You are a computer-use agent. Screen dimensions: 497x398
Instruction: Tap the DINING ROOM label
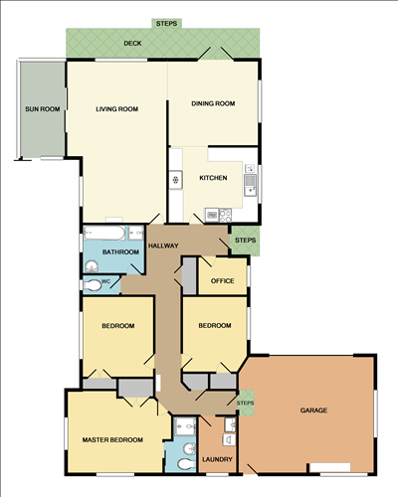coord(212,102)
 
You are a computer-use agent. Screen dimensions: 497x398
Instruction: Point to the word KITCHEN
coord(213,178)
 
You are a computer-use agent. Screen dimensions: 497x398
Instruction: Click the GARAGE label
coord(314,410)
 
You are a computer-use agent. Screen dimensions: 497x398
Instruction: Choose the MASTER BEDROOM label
coord(112,439)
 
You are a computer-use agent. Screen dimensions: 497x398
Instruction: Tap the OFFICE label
coord(222,281)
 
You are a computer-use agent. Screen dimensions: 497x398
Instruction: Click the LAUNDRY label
coord(216,459)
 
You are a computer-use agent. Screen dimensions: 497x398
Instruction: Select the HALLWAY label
coord(162,245)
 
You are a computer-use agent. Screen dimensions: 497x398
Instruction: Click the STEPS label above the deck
coord(167,22)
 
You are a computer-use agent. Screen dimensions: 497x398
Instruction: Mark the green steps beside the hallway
coord(242,241)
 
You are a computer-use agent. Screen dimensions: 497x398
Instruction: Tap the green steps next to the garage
coord(245,402)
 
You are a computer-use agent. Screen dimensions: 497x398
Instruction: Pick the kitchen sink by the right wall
coord(250,181)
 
